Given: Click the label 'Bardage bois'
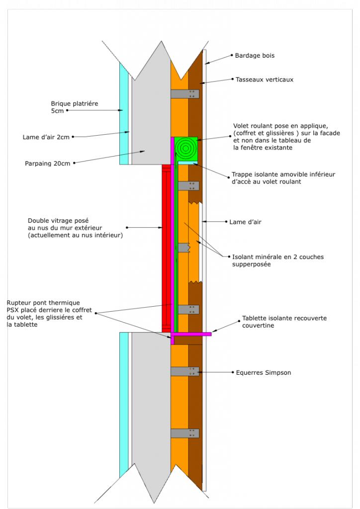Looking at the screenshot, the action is tap(255, 56).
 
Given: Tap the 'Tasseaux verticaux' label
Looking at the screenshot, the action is tap(264, 80).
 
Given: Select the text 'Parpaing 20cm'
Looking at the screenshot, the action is tap(47, 164).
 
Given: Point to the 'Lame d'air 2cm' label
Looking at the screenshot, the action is tap(46, 137).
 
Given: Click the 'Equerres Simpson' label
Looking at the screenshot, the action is tap(263, 373).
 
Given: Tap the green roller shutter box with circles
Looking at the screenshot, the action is tap(186, 149).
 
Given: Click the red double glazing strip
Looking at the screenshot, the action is tap(166, 249).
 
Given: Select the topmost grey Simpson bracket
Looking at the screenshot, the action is tap(184, 94).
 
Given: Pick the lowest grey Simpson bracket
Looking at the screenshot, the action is tap(184, 433).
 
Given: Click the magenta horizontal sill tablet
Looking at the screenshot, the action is tap(191, 334).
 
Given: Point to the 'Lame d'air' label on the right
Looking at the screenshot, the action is tap(245, 222).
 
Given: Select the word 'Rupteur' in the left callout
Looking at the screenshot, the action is tap(18, 303).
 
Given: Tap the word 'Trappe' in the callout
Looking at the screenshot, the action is tap(242, 174).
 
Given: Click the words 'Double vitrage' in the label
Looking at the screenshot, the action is tap(58, 221).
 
